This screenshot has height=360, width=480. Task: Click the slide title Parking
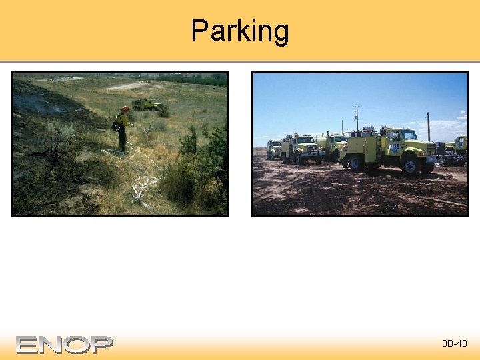[240, 31]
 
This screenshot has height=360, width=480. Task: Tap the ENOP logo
[65, 344]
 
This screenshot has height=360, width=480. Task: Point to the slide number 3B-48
[454, 344]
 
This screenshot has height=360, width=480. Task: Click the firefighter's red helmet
[125, 109]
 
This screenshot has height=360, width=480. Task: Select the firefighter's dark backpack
[117, 123]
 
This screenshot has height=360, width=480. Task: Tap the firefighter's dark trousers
[122, 140]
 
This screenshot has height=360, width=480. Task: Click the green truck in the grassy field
[146, 104]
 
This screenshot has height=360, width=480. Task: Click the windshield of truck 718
[409, 135]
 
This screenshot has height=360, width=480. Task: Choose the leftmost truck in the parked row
[273, 149]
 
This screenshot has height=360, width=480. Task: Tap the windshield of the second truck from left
[304, 141]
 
